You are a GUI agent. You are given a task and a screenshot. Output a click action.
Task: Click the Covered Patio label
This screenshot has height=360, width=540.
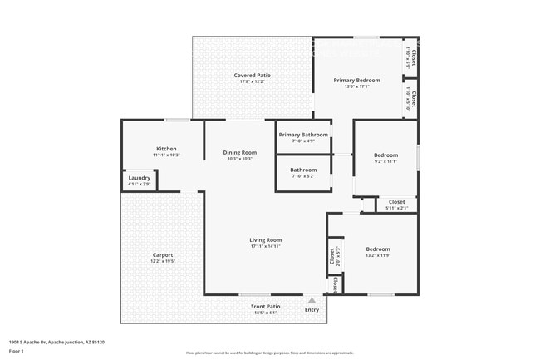click(252, 76)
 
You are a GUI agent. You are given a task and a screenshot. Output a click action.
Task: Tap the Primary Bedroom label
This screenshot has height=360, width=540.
click(356, 81)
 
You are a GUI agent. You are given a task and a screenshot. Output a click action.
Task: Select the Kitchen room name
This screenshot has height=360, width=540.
click(166, 149)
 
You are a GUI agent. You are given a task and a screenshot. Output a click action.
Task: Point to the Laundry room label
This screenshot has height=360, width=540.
click(139, 177)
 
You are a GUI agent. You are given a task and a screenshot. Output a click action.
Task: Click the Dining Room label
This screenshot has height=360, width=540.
click(239, 152)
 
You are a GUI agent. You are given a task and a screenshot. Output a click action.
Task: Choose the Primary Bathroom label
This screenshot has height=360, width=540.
click(303, 135)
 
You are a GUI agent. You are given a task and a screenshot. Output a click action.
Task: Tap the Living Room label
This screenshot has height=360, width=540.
click(265, 240)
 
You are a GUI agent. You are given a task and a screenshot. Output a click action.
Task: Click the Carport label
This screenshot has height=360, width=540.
click(163, 254)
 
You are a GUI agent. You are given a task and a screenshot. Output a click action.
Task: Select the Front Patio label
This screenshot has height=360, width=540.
click(266, 306)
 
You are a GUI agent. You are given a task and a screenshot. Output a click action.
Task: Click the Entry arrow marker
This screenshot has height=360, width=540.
click(312, 300)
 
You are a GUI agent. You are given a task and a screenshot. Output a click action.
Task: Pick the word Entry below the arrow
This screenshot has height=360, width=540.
click(312, 310)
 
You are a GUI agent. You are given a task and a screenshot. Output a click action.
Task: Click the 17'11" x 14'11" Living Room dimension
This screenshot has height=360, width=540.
click(265, 246)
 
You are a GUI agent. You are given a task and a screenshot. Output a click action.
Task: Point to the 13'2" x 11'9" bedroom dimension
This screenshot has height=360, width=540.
click(378, 255)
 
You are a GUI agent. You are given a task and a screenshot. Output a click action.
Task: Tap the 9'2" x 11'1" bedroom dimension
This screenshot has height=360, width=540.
click(385, 161)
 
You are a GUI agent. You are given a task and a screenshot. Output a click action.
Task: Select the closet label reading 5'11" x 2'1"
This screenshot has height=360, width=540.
click(397, 208)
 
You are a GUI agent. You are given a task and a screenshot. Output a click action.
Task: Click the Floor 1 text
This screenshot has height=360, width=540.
click(17, 351)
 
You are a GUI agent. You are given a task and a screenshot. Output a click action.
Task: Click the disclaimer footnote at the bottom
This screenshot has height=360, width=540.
click(270, 353)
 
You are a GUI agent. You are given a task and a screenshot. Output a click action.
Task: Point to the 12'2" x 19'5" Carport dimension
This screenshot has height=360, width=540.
click(163, 261)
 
